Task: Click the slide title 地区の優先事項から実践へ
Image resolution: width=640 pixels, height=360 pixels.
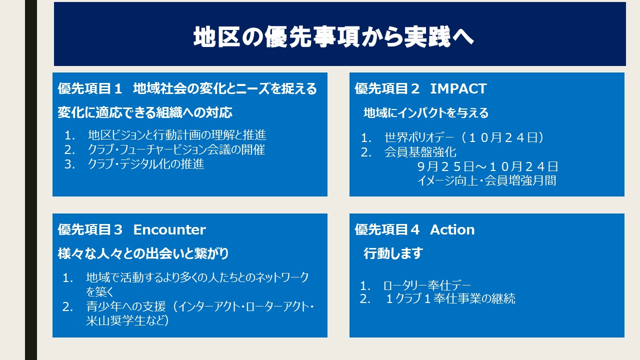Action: pyautogui.click(x=333, y=36)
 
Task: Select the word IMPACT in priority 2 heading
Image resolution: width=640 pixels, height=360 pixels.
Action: pyautogui.click(x=458, y=88)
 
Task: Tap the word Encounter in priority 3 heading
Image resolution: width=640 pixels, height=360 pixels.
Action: pyautogui.click(x=169, y=229)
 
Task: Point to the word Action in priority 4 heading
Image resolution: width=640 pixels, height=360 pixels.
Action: pyautogui.click(x=452, y=229)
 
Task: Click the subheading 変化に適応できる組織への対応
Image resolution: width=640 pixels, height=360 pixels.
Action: pyautogui.click(x=145, y=112)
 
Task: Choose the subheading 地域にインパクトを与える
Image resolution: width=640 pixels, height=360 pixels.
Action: pyautogui.click(x=425, y=113)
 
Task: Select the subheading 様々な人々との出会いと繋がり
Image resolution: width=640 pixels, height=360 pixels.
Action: pyautogui.click(x=143, y=253)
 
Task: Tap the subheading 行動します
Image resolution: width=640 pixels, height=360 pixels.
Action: pyautogui.click(x=393, y=253)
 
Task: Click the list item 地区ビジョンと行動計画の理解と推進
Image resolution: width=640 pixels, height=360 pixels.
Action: pyautogui.click(x=177, y=135)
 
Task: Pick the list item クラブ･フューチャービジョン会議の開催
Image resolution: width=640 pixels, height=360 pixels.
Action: pyautogui.click(x=176, y=149)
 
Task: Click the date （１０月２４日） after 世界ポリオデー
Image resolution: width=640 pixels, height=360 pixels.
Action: pyautogui.click(x=501, y=137)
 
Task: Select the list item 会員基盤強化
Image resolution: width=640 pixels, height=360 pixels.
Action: pyautogui.click(x=420, y=152)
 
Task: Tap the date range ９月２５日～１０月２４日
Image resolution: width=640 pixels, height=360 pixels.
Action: pyautogui.click(x=487, y=166)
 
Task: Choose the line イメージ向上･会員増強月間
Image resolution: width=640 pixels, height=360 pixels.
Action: pyautogui.click(x=486, y=180)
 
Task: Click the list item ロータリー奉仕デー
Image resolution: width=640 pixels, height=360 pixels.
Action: pyautogui.click(x=427, y=285)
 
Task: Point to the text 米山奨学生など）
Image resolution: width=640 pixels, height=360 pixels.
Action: pyautogui.click(x=127, y=320)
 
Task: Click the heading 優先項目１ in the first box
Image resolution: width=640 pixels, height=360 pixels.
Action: pyautogui.click(x=90, y=88)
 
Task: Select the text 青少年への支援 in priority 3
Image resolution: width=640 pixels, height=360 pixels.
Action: pyautogui.click(x=126, y=306)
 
